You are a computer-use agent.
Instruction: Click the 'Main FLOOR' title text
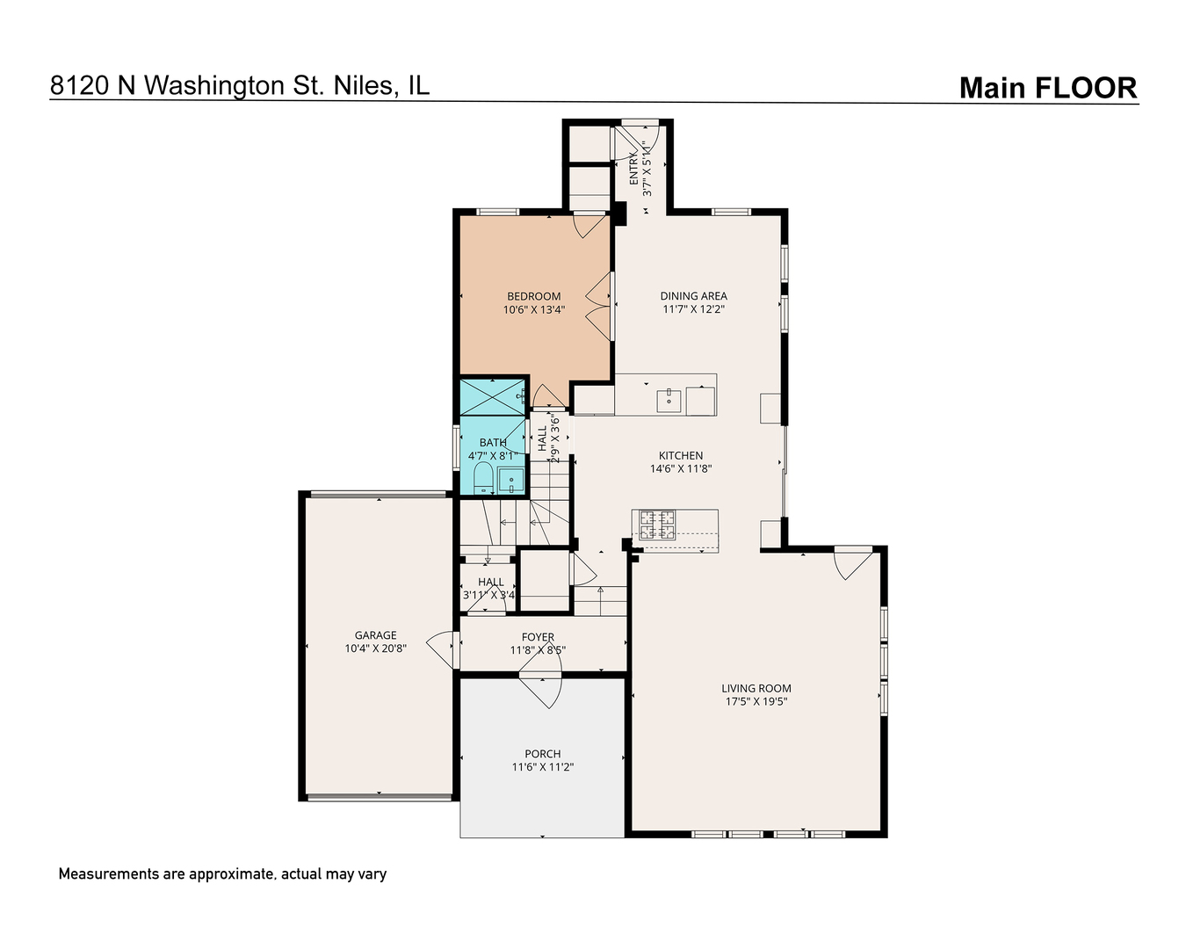point(1048,88)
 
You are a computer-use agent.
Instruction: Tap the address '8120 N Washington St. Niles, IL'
point(240,85)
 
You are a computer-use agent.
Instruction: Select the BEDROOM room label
point(533,296)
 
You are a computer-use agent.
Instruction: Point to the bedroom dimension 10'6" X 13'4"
point(533,310)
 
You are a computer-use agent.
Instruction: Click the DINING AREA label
point(693,296)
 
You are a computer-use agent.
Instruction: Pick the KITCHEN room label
point(681,455)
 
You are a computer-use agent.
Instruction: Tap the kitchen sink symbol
point(669,401)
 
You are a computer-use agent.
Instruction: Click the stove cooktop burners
point(657,525)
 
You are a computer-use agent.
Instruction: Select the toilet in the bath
point(483,477)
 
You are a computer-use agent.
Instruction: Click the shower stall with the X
point(492,397)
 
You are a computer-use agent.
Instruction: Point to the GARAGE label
point(375,635)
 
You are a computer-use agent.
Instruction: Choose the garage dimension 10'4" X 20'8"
point(375,648)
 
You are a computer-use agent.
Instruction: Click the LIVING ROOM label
point(756,688)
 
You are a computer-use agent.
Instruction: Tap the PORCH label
point(543,753)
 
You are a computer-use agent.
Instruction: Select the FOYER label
point(538,637)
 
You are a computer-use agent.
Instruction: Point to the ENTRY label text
point(633,170)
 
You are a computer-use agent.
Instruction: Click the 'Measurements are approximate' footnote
point(222,874)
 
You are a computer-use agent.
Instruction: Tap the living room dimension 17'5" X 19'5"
point(756,701)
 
